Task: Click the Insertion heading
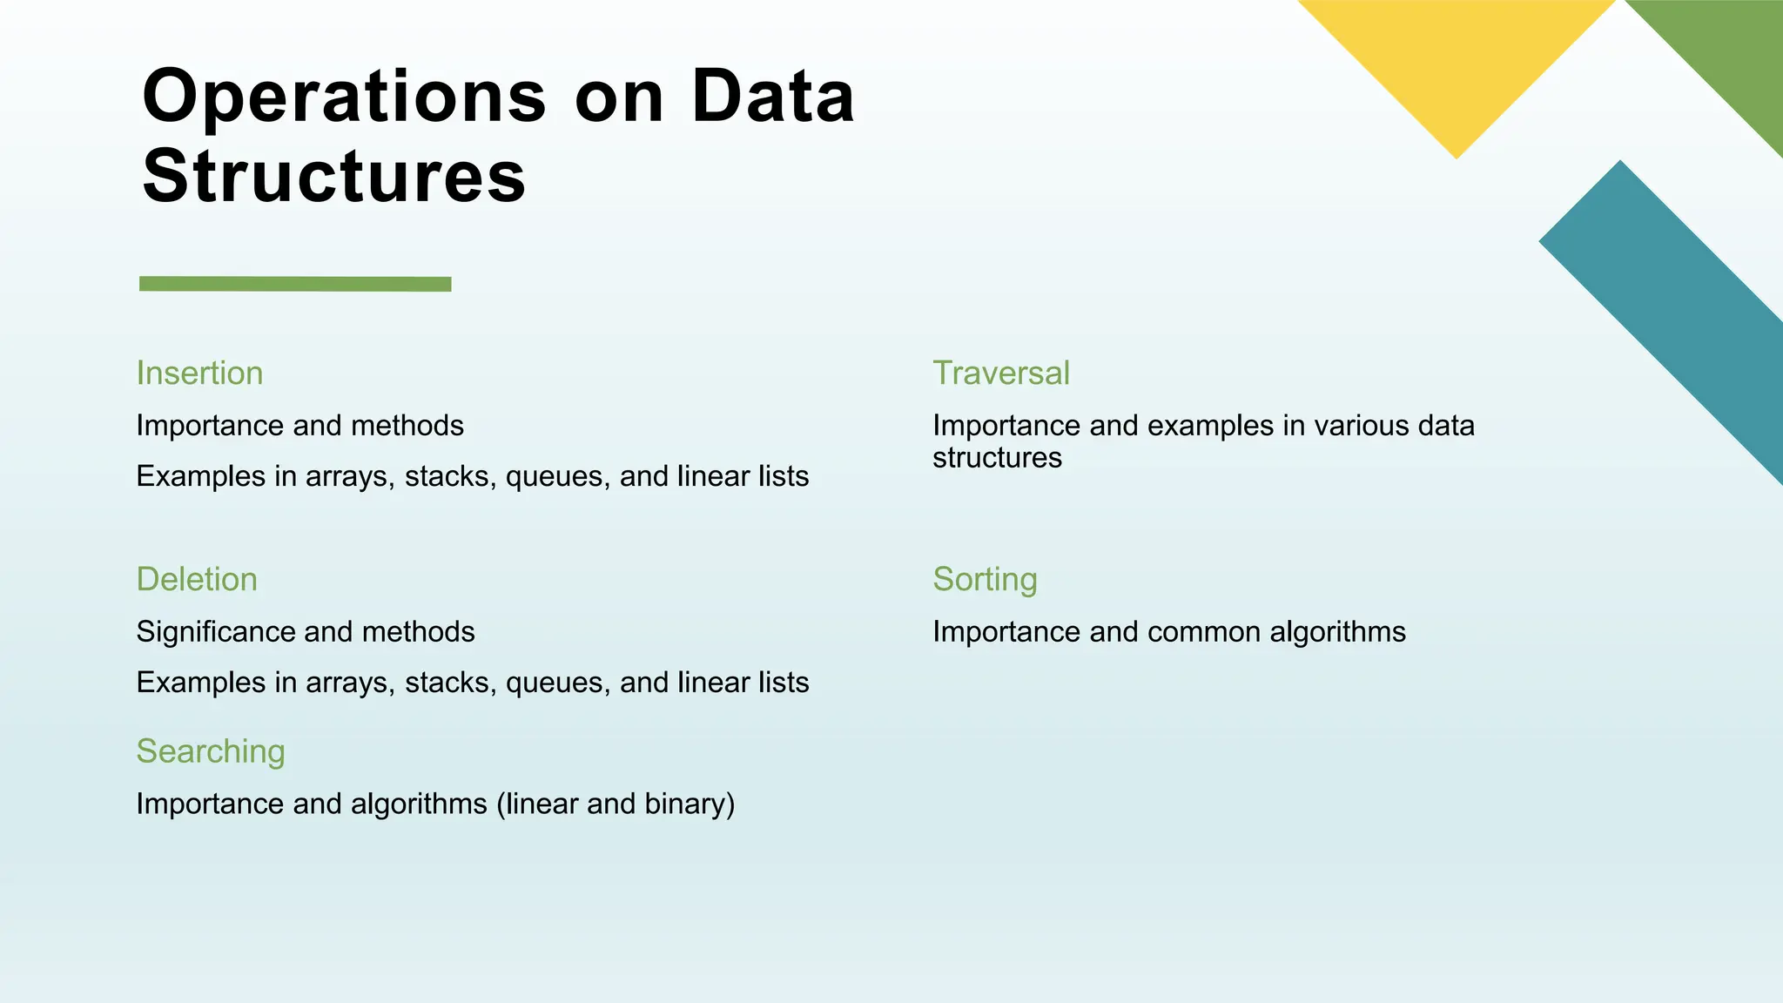click(x=199, y=374)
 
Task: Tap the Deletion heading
click(x=197, y=580)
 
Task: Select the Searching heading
click(x=211, y=751)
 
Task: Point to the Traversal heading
click(x=1001, y=374)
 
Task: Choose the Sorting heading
click(x=985, y=580)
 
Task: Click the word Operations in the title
click(x=344, y=98)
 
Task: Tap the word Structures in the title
click(x=334, y=177)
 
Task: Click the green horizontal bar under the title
click(x=295, y=284)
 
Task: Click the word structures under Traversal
click(x=997, y=458)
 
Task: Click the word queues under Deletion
click(x=557, y=683)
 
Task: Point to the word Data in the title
click(x=773, y=98)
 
